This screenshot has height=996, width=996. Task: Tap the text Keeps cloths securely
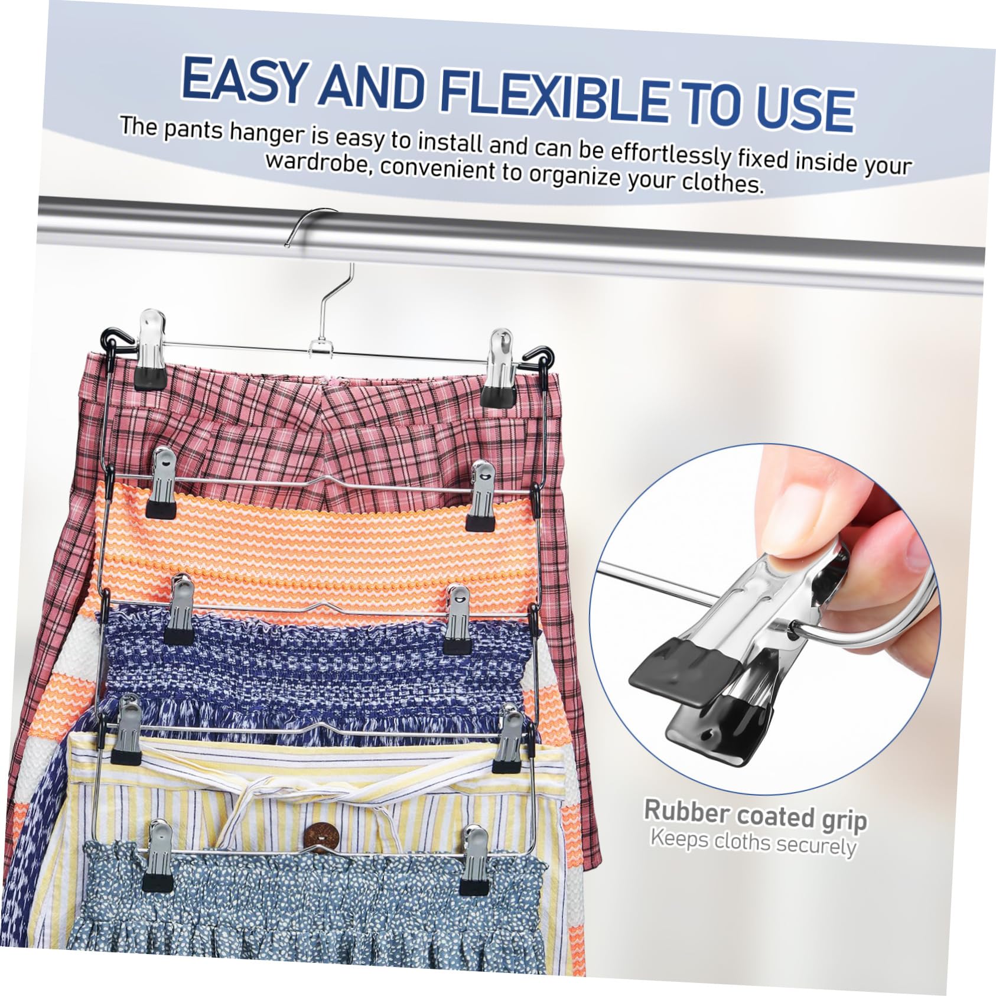pos(753,842)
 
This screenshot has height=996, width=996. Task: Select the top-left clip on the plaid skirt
pos(151,349)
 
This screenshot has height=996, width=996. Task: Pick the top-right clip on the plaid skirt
pos(497,368)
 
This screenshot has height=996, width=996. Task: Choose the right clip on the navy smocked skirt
pos(457,620)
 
